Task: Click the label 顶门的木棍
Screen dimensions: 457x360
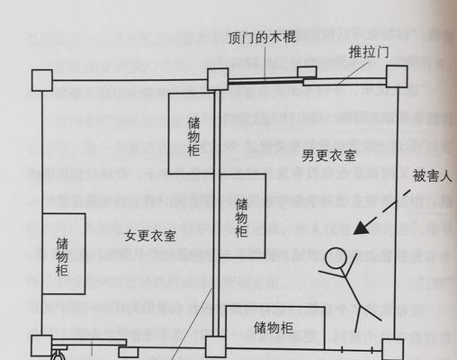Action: pyautogui.click(x=262, y=38)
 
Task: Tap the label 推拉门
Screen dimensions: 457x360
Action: pyautogui.click(x=369, y=52)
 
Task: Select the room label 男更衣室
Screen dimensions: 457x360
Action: pyautogui.click(x=329, y=156)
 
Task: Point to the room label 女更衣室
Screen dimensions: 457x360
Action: pyautogui.click(x=150, y=236)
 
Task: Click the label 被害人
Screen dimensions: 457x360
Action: pyautogui.click(x=432, y=176)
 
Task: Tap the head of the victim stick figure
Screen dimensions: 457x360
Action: pyautogui.click(x=336, y=258)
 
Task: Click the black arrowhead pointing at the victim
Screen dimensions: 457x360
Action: pyautogui.click(x=363, y=228)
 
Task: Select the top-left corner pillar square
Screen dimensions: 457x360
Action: pyautogui.click(x=42, y=80)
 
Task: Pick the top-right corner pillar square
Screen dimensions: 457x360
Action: pyautogui.click(x=397, y=76)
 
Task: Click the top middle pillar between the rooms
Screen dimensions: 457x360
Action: pyautogui.click(x=218, y=79)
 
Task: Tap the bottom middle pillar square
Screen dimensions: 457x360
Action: pyautogui.click(x=216, y=347)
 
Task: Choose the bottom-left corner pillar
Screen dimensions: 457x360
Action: pyautogui.click(x=41, y=346)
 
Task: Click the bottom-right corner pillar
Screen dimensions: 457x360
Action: pyautogui.click(x=392, y=349)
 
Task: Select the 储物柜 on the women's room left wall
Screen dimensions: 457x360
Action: pyautogui.click(x=64, y=254)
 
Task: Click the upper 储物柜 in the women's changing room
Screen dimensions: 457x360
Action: pyautogui.click(x=192, y=133)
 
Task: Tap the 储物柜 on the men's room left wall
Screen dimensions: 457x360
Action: pyautogui.click(x=243, y=216)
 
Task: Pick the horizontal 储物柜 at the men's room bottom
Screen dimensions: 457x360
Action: pyautogui.click(x=275, y=328)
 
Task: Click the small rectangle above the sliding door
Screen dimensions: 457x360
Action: pyautogui.click(x=307, y=72)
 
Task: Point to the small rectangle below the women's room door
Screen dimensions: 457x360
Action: pyautogui.click(x=129, y=352)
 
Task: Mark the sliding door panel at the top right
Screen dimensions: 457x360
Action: pyautogui.click(x=345, y=82)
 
